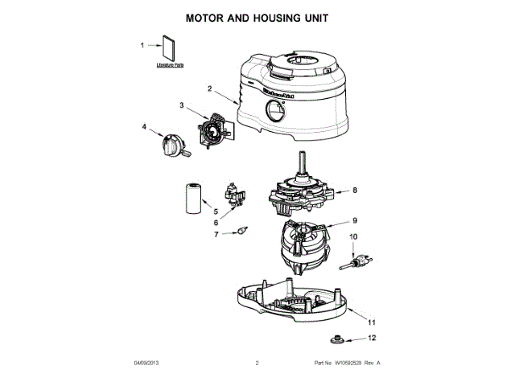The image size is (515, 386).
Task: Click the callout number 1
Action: (142, 46)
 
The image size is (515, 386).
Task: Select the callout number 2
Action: (209, 89)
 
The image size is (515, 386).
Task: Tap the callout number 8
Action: (353, 191)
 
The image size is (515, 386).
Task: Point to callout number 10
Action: (352, 237)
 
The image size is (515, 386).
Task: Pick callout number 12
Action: (371, 338)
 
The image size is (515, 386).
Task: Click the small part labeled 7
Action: (238, 232)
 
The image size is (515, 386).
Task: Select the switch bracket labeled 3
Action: (212, 128)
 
